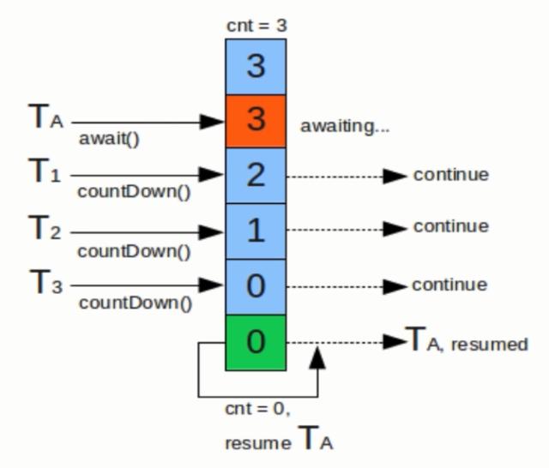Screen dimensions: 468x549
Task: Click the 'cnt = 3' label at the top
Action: [x=256, y=26]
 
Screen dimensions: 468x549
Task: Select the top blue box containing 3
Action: [x=256, y=66]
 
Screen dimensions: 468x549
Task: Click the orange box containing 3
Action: [x=256, y=121]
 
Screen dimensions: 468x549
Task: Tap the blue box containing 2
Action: [x=256, y=176]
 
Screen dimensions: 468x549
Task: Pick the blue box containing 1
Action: [x=256, y=231]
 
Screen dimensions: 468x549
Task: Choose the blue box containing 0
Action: [x=256, y=286]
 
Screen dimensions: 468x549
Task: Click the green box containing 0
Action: [x=256, y=342]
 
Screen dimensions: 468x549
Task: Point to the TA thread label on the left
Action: [x=45, y=119]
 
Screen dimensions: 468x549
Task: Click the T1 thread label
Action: [x=45, y=174]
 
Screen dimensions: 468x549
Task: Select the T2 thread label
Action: [x=45, y=229]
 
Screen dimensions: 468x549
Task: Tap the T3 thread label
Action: [x=45, y=283]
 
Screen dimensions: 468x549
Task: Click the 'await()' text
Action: [x=108, y=138]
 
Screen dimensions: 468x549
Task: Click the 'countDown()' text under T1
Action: [x=134, y=193]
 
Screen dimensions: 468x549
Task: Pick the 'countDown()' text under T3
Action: [x=134, y=303]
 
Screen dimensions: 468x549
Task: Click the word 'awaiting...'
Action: [x=345, y=126]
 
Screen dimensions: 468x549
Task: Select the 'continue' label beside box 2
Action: [x=450, y=175]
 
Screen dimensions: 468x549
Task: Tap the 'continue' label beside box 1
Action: [x=450, y=227]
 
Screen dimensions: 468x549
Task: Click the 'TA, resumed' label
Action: [x=466, y=342]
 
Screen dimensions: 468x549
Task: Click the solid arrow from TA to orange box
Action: [x=146, y=122]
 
